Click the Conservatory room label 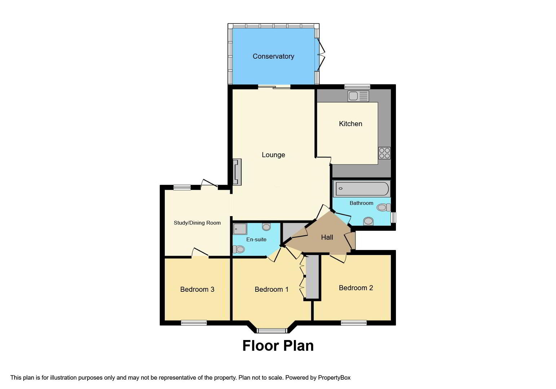click(273, 57)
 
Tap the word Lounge click(273, 155)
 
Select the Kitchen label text click(350, 124)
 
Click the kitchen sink click(358, 96)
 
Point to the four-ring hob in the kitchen click(384, 153)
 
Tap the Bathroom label click(361, 203)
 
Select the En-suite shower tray click(240, 229)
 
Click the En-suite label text click(256, 240)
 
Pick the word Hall click(327, 237)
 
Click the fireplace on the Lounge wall click(237, 172)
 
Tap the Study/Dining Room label click(197, 223)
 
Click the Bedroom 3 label click(197, 289)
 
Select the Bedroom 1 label click(272, 289)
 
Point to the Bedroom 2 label click(356, 288)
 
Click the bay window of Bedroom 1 click(272, 331)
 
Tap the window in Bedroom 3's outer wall click(194, 323)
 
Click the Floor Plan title click(278, 346)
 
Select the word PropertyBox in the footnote click(334, 378)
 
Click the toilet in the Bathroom click(384, 207)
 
